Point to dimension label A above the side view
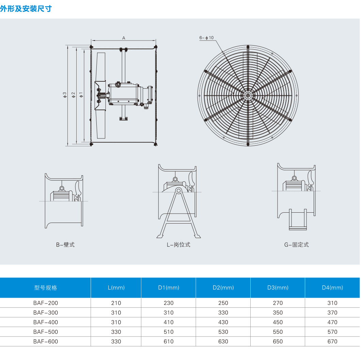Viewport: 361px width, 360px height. tap(124, 38)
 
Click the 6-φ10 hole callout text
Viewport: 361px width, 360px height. tap(206, 38)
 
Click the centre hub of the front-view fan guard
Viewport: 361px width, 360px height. tap(248, 96)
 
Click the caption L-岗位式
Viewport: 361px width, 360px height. tap(178, 245)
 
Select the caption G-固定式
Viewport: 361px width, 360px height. tap(296, 245)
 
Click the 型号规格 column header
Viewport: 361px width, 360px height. tap(46, 288)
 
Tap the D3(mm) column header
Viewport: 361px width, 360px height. tap(278, 288)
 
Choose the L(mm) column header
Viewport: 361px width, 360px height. tap(116, 288)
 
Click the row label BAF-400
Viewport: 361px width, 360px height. tap(46, 322)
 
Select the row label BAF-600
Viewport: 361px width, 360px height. tap(46, 341)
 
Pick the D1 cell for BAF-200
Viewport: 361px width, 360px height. tap(169, 303)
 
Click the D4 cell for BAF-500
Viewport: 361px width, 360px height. tap(332, 332)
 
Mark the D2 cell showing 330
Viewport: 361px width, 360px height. tap(223, 313)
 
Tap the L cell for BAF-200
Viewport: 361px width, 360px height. tap(116, 303)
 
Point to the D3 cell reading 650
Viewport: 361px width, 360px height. tap(278, 341)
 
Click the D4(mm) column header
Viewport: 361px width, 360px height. tap(332, 288)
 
